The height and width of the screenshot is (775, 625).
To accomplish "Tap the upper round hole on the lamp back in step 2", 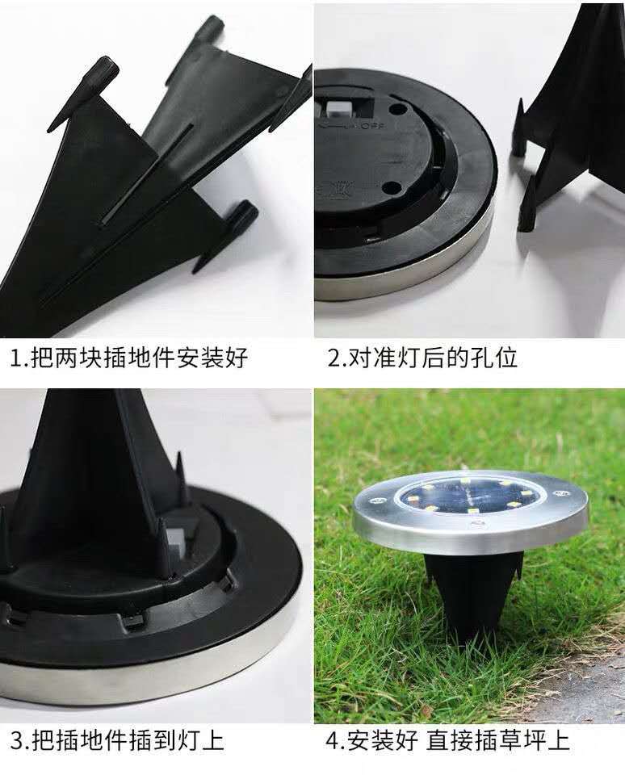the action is (x=397, y=109).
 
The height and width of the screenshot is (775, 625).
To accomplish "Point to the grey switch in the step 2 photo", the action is (x=334, y=107).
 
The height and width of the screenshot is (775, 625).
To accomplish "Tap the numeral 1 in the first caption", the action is (x=16, y=358).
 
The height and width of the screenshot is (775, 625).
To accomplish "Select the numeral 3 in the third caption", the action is (x=17, y=741).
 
